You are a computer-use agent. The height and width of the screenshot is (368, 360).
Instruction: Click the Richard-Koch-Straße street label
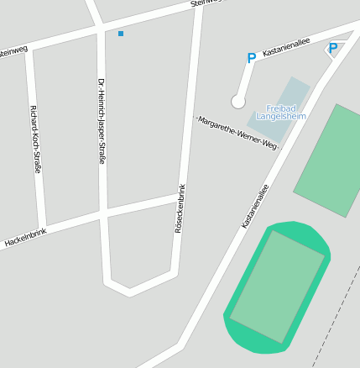point(35,139)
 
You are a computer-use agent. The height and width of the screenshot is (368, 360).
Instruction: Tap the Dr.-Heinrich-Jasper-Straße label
point(101,120)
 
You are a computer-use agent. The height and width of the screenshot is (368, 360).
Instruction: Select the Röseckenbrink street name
point(179,208)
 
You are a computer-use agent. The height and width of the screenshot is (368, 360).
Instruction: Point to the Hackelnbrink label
point(24,237)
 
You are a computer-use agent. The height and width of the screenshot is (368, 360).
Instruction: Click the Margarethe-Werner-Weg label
point(237,133)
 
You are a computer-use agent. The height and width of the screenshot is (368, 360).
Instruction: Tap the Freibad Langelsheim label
point(281,113)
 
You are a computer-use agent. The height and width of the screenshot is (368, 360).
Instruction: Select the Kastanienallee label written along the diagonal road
point(255,207)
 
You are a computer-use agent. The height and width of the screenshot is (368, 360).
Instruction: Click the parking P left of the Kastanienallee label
point(251,59)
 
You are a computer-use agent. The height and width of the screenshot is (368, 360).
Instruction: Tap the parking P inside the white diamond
point(333,49)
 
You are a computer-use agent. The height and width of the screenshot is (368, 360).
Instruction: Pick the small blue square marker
point(121,34)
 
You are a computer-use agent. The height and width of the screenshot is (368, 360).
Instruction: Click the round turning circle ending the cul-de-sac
point(238,102)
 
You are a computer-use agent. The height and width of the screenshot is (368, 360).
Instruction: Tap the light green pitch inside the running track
point(277,286)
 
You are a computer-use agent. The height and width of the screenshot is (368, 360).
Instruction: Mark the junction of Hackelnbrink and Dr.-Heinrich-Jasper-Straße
point(103,213)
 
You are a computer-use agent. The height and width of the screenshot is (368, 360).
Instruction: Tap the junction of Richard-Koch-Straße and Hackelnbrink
point(41,229)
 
